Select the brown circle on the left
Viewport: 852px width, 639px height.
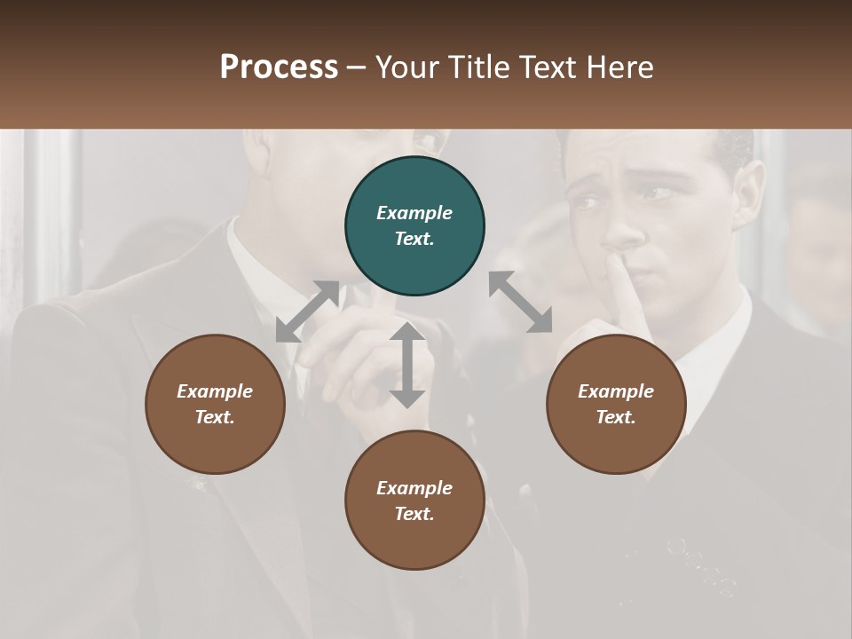click(x=215, y=404)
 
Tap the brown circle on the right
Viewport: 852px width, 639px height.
click(x=616, y=404)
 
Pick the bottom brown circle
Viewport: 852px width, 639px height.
click(x=414, y=500)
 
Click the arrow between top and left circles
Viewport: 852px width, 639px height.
click(x=307, y=312)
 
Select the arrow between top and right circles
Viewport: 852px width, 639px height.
click(x=520, y=302)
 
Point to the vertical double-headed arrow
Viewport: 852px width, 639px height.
click(x=407, y=365)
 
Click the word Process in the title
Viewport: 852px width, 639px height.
click(x=279, y=67)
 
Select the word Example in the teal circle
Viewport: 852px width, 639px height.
click(x=414, y=213)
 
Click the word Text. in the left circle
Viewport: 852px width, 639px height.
click(x=215, y=417)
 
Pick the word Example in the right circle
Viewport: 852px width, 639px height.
click(x=616, y=391)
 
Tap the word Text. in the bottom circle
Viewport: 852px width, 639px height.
click(x=414, y=514)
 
